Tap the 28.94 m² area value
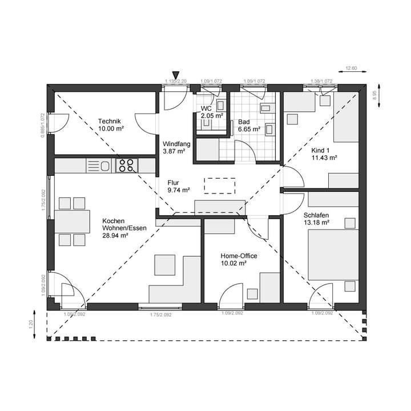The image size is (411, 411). click(114, 235)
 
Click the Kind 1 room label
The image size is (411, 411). click(320, 151)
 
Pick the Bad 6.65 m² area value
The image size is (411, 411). click(249, 129)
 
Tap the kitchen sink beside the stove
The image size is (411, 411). click(101, 166)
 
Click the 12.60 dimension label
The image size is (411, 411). click(351, 68)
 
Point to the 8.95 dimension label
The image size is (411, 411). click(374, 95)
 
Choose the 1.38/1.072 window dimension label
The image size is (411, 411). click(321, 82)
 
